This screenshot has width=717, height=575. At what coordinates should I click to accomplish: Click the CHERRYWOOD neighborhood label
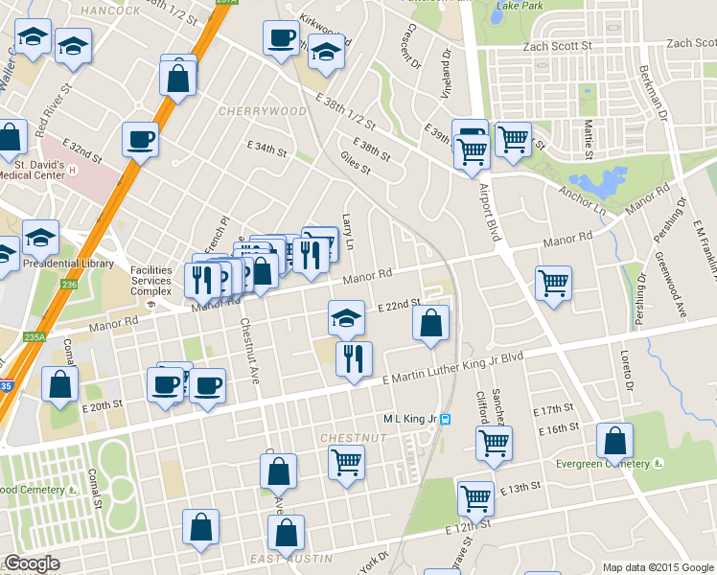[263, 111]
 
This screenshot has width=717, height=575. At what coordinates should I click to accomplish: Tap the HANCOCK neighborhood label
[110, 11]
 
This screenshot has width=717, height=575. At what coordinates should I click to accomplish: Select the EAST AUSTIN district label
[277, 559]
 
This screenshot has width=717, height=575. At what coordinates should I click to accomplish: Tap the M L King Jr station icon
[457, 419]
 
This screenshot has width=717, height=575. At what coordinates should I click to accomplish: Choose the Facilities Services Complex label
[150, 281]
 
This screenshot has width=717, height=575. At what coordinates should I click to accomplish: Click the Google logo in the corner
[32, 564]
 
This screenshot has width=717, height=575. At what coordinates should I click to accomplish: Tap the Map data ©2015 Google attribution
[658, 567]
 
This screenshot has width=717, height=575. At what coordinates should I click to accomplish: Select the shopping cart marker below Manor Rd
[553, 284]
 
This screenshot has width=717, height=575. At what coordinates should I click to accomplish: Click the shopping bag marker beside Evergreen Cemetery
[614, 441]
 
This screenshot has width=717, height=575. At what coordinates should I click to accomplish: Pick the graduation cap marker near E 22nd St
[346, 318]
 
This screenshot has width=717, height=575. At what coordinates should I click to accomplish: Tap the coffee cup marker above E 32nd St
[140, 140]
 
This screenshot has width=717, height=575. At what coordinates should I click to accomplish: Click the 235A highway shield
[35, 336]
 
